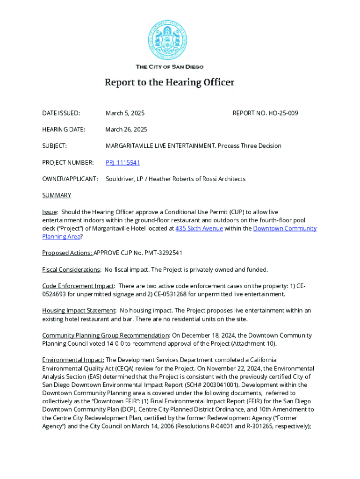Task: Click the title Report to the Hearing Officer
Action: pos(169,83)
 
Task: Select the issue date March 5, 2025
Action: pos(125,113)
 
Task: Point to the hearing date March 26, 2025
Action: pos(126,130)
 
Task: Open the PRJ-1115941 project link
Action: pos(122,162)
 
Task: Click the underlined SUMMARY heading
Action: pos(57,195)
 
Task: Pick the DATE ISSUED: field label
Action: pos(61,113)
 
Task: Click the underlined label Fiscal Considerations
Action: pos(71,269)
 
